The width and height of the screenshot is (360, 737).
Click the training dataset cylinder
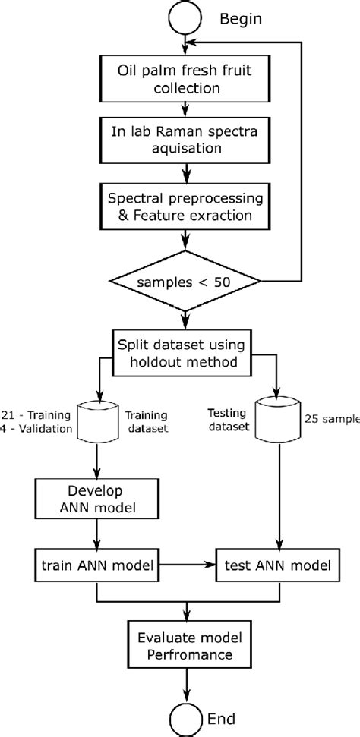(x=98, y=423)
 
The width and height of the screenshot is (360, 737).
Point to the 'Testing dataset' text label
(x=230, y=421)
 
